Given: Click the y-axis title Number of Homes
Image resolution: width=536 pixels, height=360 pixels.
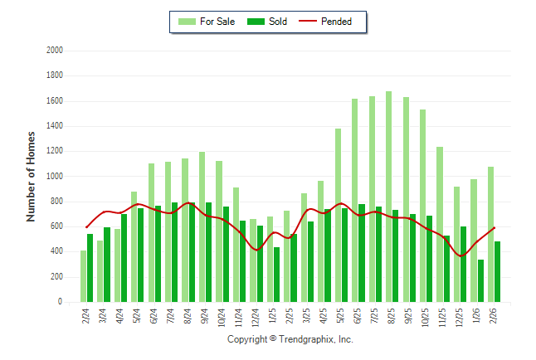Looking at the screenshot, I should tap(32, 176).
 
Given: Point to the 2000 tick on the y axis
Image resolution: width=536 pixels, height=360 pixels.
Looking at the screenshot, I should tap(55, 51).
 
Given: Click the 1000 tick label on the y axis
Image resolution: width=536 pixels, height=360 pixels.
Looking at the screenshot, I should tap(55, 177).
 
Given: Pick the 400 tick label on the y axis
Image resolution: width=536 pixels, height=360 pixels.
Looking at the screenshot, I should tap(57, 252).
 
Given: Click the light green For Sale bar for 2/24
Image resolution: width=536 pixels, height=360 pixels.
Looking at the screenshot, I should tap(84, 276).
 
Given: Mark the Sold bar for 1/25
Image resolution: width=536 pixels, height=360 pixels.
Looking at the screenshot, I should tap(276, 275).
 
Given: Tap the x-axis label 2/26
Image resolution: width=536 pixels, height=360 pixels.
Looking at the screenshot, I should tap(494, 317).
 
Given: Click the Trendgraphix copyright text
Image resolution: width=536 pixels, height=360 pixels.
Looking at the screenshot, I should tap(290, 340).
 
